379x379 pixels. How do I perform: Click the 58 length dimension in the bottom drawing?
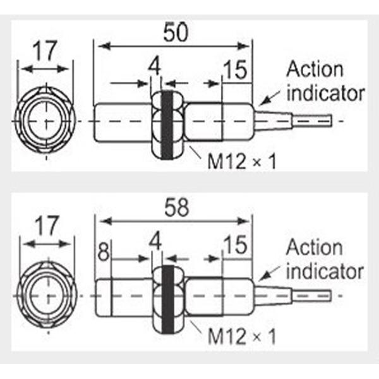pos(176,208)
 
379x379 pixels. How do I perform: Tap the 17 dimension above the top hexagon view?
pos(45,51)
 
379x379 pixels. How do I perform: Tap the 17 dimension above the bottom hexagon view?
pos(45,226)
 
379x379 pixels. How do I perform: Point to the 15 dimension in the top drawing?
pos(236,71)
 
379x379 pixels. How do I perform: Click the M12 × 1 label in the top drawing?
pos(243,162)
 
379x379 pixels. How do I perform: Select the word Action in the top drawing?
pos(315,69)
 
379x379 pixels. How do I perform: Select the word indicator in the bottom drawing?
pos(325,272)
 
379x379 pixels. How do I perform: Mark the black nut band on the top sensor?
pos(167,122)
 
